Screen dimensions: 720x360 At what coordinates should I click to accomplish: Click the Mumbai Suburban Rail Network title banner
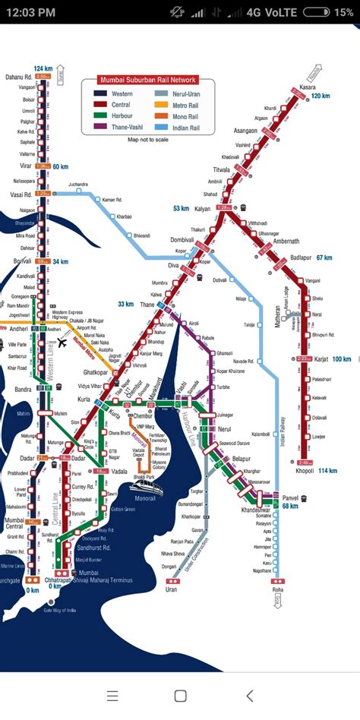(x=148, y=80)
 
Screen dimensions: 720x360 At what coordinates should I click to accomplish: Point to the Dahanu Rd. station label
(x=19, y=77)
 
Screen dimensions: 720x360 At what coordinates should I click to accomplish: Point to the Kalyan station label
(x=202, y=208)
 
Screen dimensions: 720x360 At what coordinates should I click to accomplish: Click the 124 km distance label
(x=42, y=69)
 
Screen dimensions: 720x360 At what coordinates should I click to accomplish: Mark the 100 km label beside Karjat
(x=341, y=359)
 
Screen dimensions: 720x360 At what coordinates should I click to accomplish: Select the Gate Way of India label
(x=62, y=610)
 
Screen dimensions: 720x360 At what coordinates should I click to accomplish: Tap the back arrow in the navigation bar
(x=249, y=695)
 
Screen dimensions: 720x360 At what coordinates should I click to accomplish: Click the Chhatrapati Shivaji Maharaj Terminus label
(x=96, y=580)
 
